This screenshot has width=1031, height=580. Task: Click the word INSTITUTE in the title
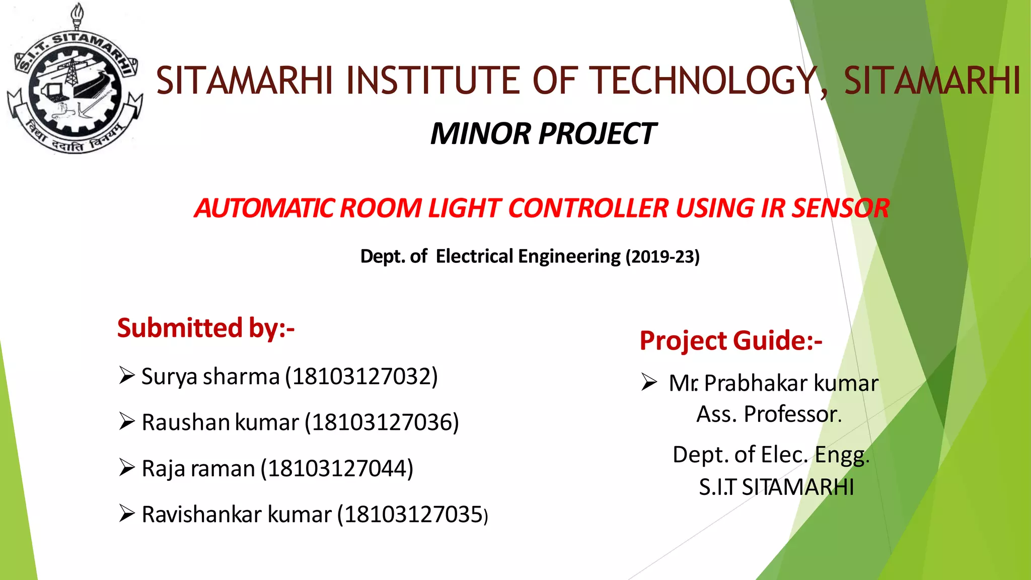(x=432, y=81)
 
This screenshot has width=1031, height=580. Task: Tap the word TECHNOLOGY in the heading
(x=704, y=81)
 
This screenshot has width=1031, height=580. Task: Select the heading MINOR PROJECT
(x=543, y=134)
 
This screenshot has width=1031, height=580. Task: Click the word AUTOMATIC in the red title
(x=265, y=208)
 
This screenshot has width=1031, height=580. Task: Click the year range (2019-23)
(x=662, y=257)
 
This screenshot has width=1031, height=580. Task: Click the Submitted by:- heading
(x=205, y=328)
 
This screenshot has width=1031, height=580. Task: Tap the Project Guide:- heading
(x=730, y=341)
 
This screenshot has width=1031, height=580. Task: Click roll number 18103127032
(x=361, y=377)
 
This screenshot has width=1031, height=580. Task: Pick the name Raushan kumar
(x=220, y=422)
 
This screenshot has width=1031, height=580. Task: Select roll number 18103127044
(x=337, y=469)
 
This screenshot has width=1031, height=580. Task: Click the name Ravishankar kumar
(x=236, y=515)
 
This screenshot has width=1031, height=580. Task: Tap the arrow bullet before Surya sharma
(x=127, y=376)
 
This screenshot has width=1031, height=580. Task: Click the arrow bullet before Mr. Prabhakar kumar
(x=649, y=382)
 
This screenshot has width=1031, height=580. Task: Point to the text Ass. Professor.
(x=769, y=414)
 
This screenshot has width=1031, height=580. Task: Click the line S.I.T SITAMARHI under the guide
(x=776, y=487)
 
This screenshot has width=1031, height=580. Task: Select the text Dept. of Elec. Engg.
(x=771, y=455)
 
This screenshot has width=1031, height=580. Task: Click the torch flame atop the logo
(x=77, y=11)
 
